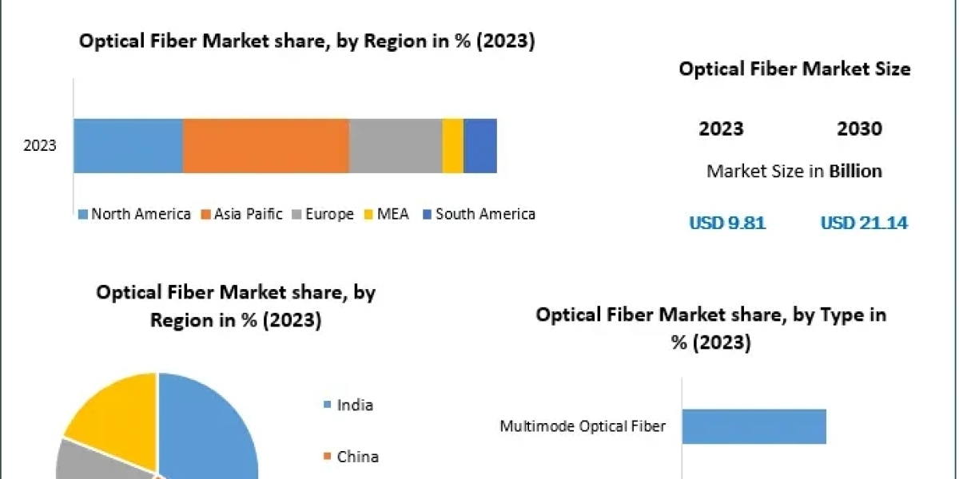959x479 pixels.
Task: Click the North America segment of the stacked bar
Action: point(128,145)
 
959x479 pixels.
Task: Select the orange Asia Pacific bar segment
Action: point(265,145)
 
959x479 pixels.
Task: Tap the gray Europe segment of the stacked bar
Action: point(395,145)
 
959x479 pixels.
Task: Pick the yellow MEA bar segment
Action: point(452,145)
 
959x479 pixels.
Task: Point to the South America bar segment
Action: point(480,145)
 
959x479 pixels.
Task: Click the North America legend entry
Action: point(134,214)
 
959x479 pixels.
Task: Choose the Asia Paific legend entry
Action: point(241,214)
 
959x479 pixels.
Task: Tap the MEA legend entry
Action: point(387,214)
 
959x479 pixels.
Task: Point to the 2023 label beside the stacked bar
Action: point(40,146)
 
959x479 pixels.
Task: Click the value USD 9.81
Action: point(727,224)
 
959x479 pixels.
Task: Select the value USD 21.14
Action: point(864,224)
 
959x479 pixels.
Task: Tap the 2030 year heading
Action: point(859,129)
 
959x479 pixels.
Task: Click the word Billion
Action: point(855,171)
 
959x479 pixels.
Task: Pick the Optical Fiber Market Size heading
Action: point(794,69)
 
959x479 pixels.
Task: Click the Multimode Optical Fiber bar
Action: point(754,426)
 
